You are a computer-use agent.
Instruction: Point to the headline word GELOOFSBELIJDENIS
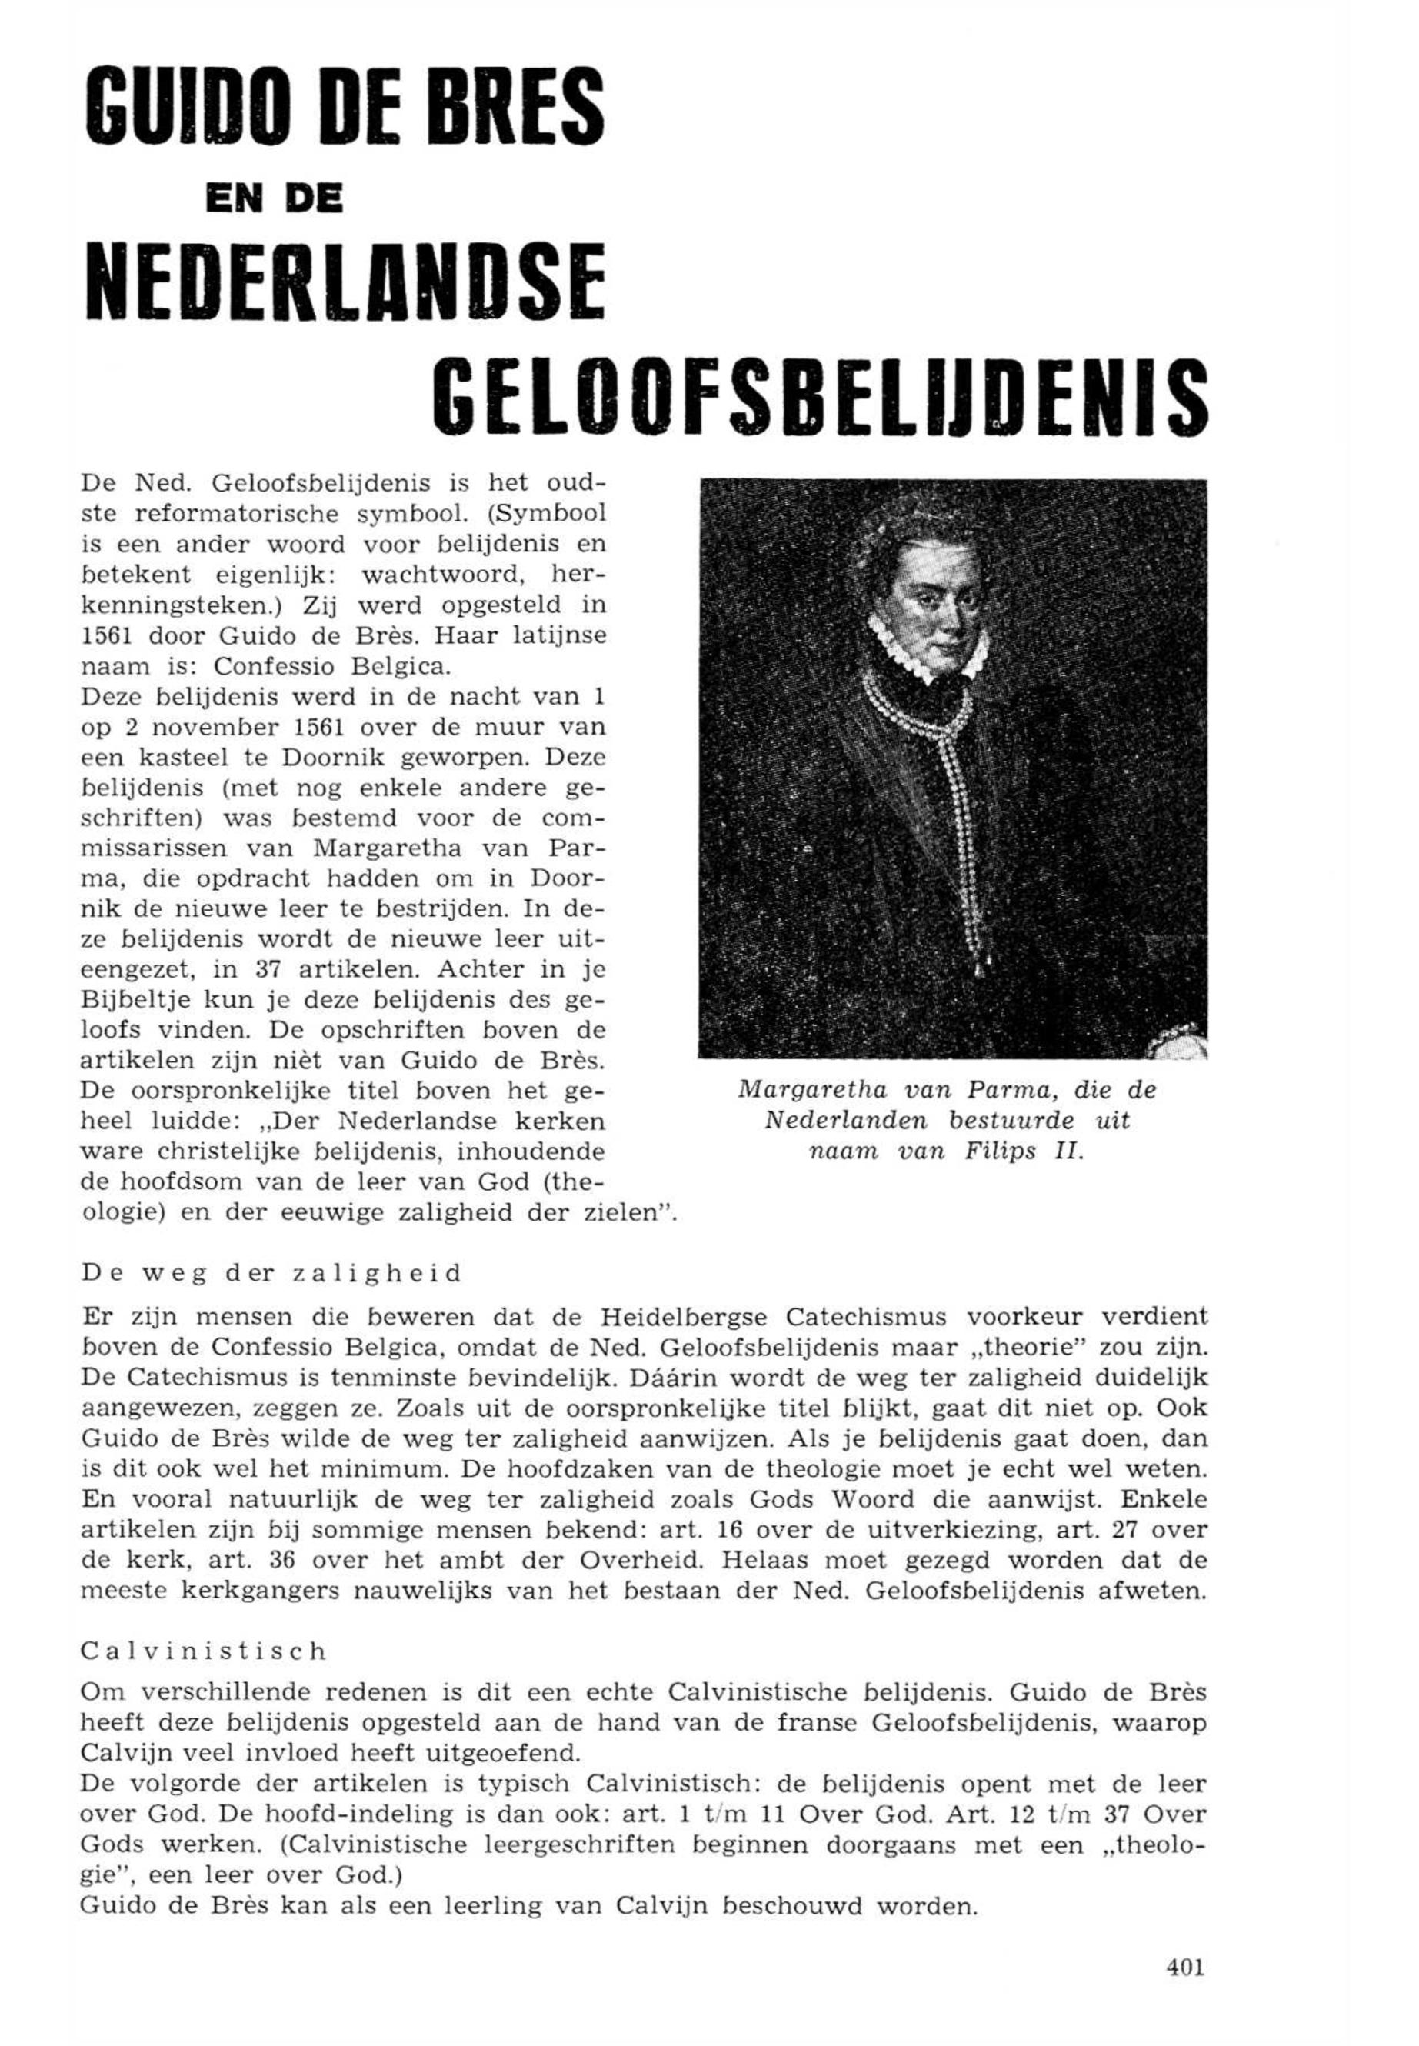coord(819,395)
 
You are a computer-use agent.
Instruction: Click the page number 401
coord(1184,1967)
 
